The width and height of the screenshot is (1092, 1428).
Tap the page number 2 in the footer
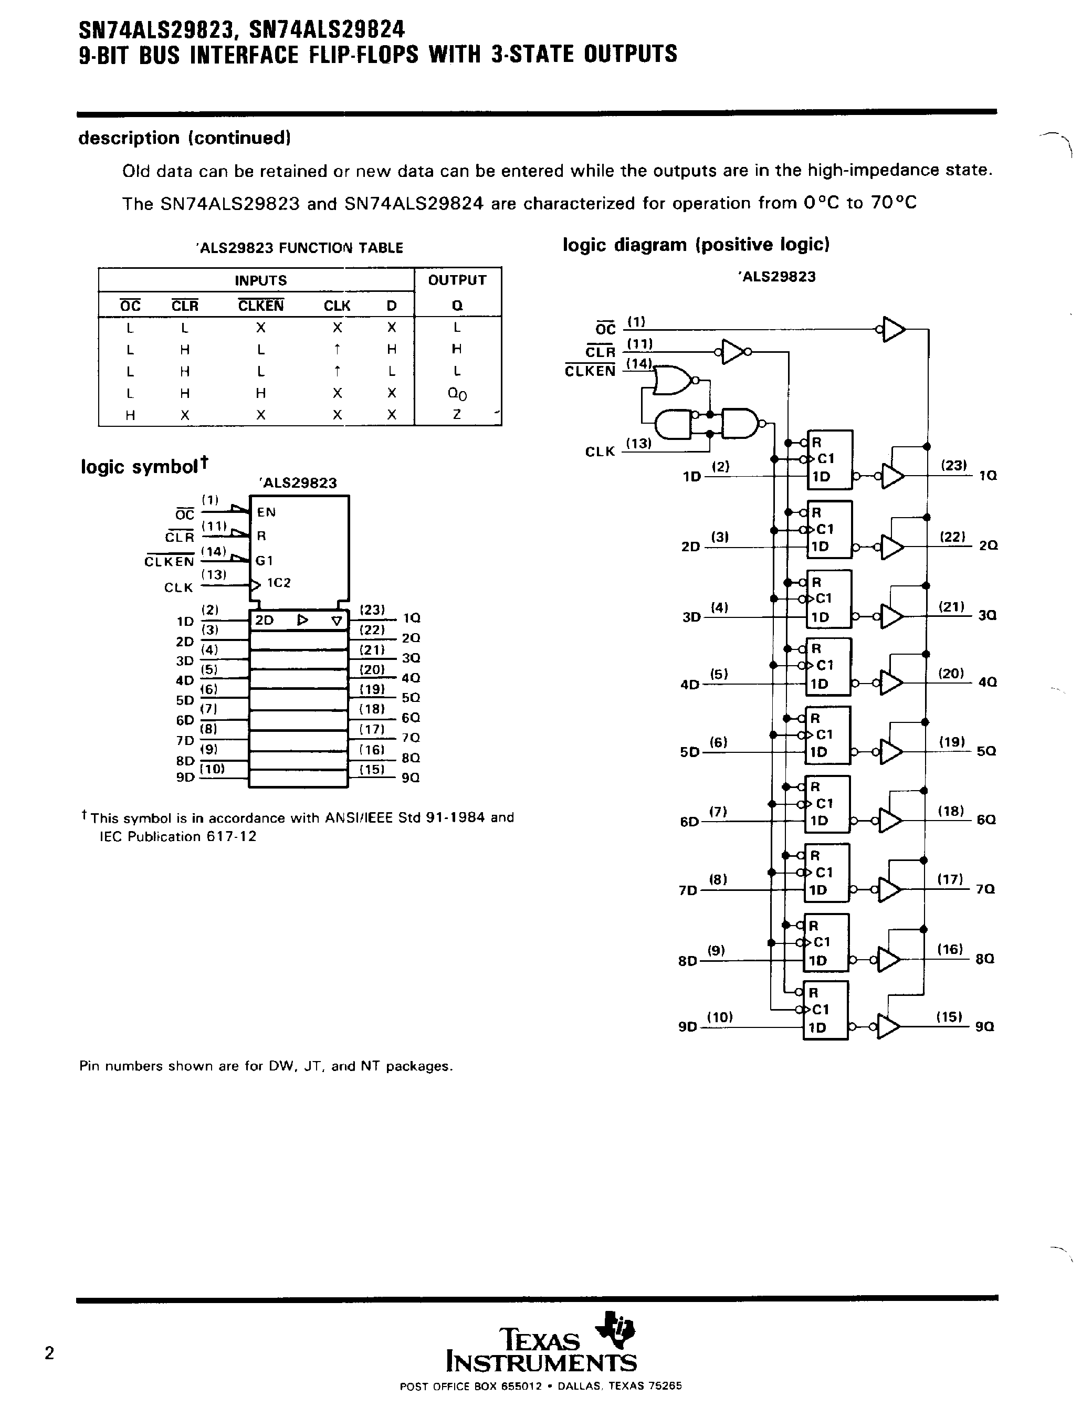click(x=49, y=1353)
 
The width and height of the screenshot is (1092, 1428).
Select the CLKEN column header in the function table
click(x=260, y=306)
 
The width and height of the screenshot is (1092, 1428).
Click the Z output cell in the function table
click(x=457, y=415)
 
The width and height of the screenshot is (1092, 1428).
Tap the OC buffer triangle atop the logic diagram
click(x=894, y=330)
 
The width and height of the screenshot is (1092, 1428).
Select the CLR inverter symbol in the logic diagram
click(x=734, y=352)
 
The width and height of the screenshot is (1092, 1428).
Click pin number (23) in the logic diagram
click(x=953, y=465)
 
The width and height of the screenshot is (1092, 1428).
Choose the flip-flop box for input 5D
click(x=827, y=735)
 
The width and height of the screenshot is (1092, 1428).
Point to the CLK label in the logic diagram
click(x=600, y=451)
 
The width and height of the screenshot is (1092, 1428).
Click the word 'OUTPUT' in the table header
click(x=457, y=280)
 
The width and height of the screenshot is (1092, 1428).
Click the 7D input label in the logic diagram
click(x=688, y=890)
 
